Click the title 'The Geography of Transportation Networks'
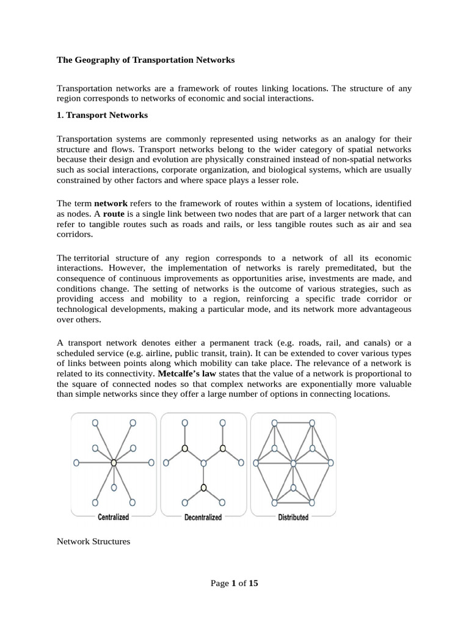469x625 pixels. click(x=145, y=60)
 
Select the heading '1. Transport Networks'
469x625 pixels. click(x=102, y=115)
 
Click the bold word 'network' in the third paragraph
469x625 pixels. click(x=111, y=203)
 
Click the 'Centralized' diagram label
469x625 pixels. click(x=114, y=518)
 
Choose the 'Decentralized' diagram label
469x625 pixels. click(x=203, y=518)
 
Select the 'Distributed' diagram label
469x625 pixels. click(x=293, y=518)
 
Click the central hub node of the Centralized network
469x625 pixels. click(x=114, y=463)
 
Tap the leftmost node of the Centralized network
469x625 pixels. click(x=76, y=463)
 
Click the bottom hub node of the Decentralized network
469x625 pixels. click(x=203, y=487)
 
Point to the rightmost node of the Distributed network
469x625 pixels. click(x=331, y=463)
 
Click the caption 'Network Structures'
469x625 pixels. click(x=93, y=541)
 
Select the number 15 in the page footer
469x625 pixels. click(x=253, y=583)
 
